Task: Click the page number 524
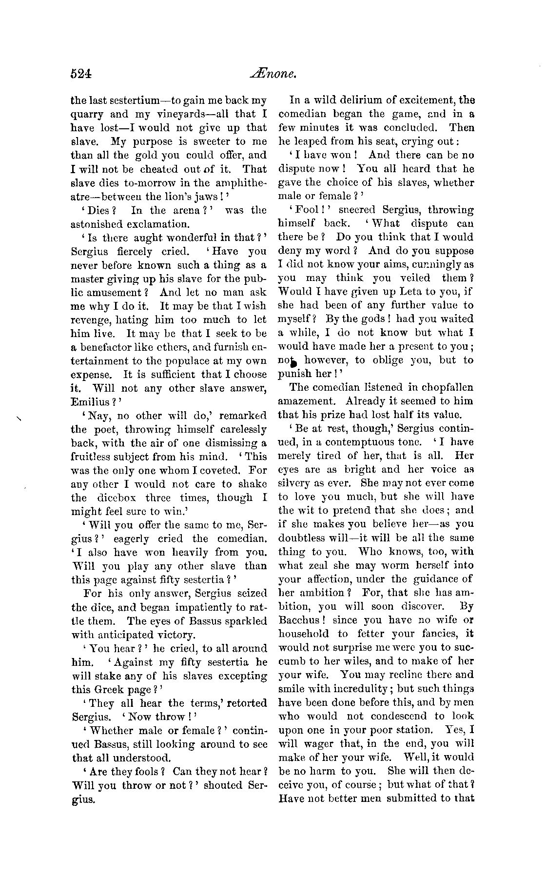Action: point(81,74)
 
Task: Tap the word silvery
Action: point(296,483)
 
